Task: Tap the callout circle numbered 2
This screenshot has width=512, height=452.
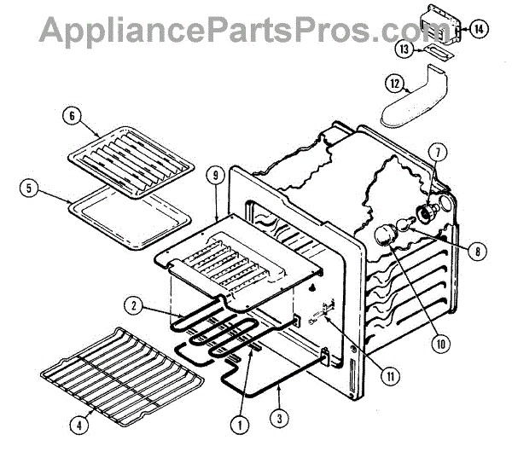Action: (x=134, y=304)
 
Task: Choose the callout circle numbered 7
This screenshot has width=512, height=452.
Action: (x=438, y=154)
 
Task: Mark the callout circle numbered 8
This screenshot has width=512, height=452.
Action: (x=476, y=252)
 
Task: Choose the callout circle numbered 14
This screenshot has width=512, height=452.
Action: (x=479, y=29)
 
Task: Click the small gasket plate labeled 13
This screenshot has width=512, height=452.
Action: (x=436, y=55)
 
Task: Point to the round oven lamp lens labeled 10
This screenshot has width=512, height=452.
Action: (x=387, y=235)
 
